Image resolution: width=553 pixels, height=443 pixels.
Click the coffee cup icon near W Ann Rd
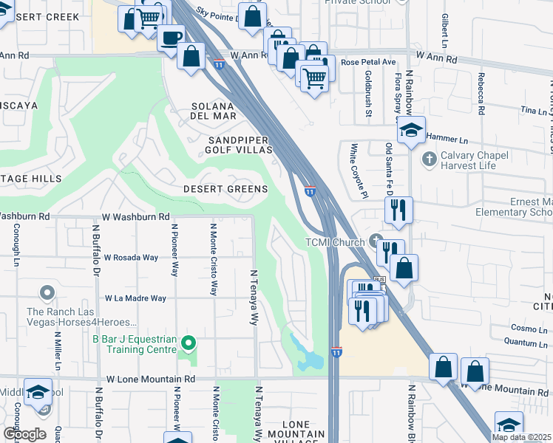pos(172,37)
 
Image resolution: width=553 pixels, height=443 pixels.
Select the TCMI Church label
pos(336,242)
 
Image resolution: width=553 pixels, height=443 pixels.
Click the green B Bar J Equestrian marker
pos(189,343)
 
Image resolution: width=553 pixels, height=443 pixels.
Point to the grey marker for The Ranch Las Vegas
pos(47,294)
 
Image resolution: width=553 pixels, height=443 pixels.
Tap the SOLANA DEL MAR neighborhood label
pos(214,111)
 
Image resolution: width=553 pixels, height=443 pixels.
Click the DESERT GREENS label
pos(225,189)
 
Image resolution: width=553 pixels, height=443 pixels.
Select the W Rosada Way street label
pos(131,258)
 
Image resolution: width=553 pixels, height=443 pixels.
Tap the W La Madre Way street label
pos(135,298)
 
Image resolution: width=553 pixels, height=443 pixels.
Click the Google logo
pos(24,434)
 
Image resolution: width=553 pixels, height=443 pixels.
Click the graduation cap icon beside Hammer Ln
pos(411,131)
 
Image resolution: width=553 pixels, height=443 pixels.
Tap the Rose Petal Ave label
pos(369,62)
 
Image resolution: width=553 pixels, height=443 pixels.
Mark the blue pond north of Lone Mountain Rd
pos(306,356)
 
